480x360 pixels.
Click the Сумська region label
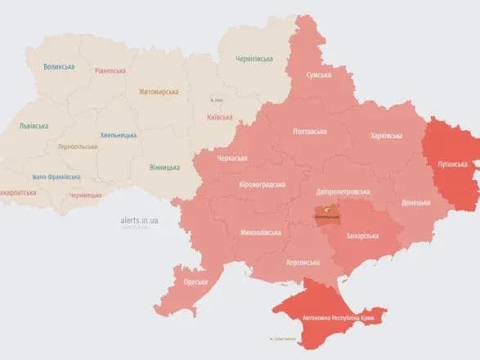[x=318, y=75]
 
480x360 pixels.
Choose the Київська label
[x=220, y=117]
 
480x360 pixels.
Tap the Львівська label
[x=34, y=126]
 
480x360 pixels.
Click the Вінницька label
[x=165, y=168]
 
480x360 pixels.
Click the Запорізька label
[x=362, y=236]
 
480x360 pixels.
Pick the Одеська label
[x=195, y=281]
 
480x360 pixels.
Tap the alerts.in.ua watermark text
[x=137, y=220]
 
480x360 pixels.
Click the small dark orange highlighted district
[x=329, y=212]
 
